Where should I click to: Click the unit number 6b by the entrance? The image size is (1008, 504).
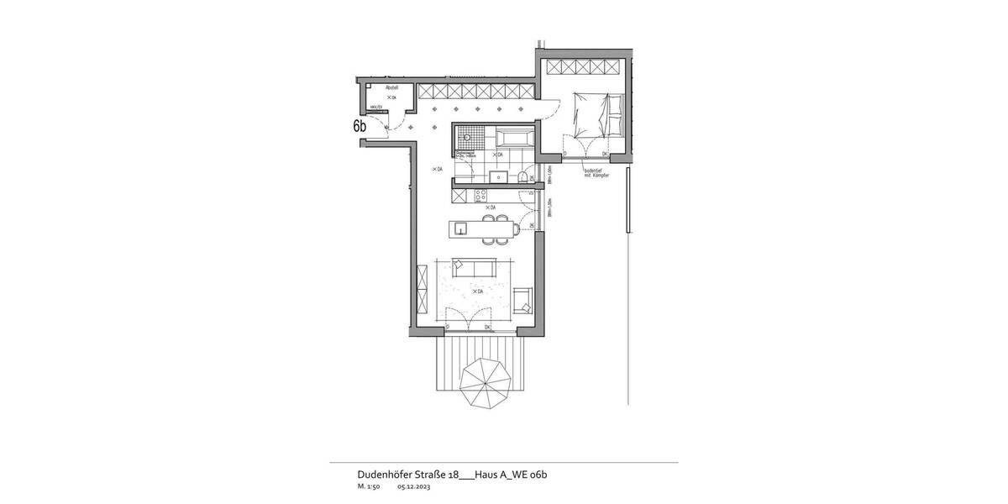tap(360, 126)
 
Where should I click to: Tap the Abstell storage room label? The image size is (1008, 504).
tap(391, 88)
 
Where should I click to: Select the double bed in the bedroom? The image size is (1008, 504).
tap(597, 114)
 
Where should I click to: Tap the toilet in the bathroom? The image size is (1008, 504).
tap(522, 176)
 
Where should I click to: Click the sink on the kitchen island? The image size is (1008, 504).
tap(460, 227)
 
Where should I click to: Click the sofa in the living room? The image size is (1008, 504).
tap(473, 267)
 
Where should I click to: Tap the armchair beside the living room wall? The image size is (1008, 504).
tap(522, 299)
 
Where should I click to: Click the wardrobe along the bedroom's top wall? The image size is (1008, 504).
tap(584, 67)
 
